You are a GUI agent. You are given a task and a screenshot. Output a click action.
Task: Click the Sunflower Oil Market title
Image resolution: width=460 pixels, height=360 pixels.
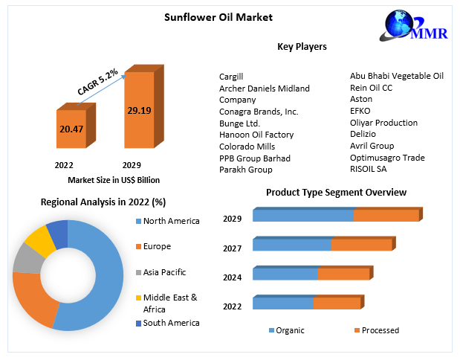pos(208,17)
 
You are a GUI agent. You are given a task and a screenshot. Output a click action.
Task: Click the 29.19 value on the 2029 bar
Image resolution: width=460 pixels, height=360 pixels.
pos(138,110)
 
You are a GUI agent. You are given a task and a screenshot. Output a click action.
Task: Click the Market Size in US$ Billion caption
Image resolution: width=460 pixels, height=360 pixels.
pos(114,180)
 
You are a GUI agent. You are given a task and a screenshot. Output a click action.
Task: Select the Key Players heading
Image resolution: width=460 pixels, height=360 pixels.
pos(302,47)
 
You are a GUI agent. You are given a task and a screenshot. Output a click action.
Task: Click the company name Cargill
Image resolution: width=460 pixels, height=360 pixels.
pos(231,77)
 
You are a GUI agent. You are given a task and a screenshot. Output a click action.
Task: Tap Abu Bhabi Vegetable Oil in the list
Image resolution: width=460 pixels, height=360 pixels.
pos(397,76)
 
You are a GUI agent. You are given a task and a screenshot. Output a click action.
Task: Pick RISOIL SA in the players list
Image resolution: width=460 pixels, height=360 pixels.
pos(369,170)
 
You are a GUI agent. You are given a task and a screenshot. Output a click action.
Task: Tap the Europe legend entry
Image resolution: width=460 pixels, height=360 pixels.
pos(156,246)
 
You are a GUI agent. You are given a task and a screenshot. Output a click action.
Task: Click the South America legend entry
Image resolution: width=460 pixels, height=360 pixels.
pos(170,323)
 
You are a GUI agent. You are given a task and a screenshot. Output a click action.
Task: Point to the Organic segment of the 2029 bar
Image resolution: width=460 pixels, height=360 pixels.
pos(302,216)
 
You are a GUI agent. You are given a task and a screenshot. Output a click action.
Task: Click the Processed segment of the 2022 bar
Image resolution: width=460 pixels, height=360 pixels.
pos(336,303)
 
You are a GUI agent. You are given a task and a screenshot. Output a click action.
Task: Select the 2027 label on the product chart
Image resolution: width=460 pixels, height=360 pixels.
pos(232,247)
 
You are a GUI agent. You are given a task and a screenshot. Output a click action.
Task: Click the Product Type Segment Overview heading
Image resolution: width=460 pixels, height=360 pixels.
pos(336,193)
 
